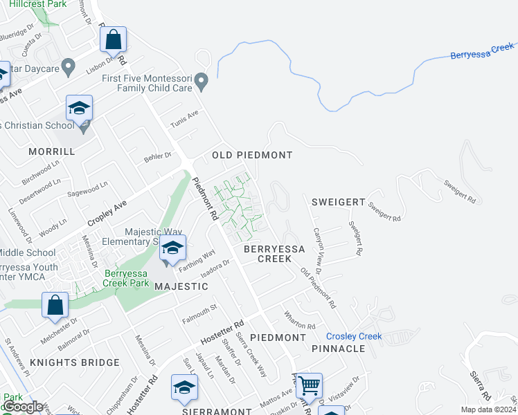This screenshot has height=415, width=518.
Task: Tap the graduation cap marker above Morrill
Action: point(79,108)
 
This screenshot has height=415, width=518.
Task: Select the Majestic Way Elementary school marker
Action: point(172,248)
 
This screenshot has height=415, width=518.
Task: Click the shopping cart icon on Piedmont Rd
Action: point(309,385)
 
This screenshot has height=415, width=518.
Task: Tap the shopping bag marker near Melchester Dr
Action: point(55,305)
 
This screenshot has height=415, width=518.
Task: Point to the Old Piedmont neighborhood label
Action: point(252,155)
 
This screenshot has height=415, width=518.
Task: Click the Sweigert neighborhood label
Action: point(338,201)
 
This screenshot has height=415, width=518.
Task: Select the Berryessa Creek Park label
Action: point(127,277)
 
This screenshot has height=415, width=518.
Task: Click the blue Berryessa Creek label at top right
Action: point(482,51)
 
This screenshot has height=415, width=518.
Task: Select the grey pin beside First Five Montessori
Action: point(202,82)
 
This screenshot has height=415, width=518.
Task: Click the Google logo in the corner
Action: point(23,407)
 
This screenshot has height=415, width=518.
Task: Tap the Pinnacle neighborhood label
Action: point(338,349)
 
